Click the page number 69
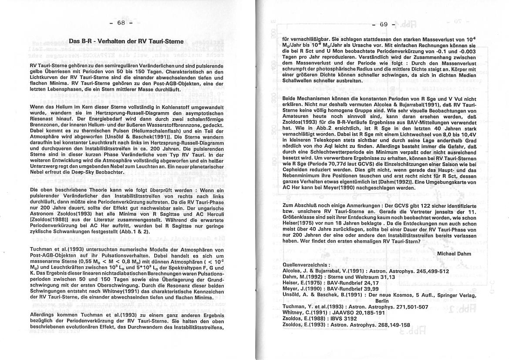(384, 24)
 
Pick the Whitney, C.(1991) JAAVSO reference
(334, 313)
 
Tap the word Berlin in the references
(381, 301)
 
